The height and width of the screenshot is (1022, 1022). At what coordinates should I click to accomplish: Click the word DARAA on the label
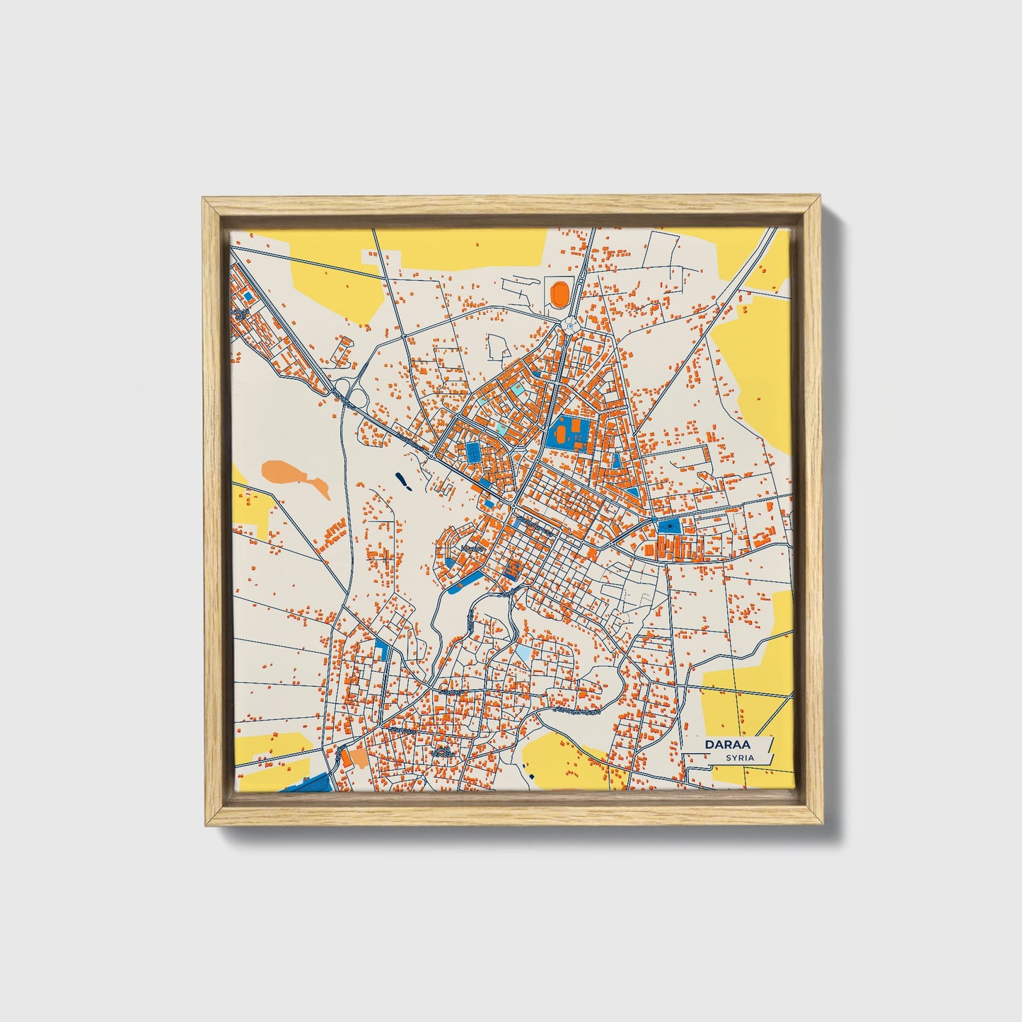pyautogui.click(x=726, y=745)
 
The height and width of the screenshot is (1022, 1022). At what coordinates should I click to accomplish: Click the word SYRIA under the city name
pyautogui.click(x=739, y=757)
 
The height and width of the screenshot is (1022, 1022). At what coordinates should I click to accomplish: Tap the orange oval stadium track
pyautogui.click(x=559, y=292)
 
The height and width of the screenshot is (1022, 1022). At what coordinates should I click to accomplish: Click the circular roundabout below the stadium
pyautogui.click(x=570, y=326)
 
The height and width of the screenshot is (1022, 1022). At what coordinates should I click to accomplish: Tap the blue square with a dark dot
pyautogui.click(x=668, y=525)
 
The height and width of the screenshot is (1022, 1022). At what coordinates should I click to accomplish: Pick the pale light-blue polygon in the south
pyautogui.click(x=522, y=651)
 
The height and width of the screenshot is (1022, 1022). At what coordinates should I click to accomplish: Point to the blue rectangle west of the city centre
pyautogui.click(x=472, y=453)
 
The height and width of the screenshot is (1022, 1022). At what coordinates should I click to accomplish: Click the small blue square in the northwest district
pyautogui.click(x=248, y=296)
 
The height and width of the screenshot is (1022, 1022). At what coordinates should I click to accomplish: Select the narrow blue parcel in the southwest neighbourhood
pyautogui.click(x=383, y=649)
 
